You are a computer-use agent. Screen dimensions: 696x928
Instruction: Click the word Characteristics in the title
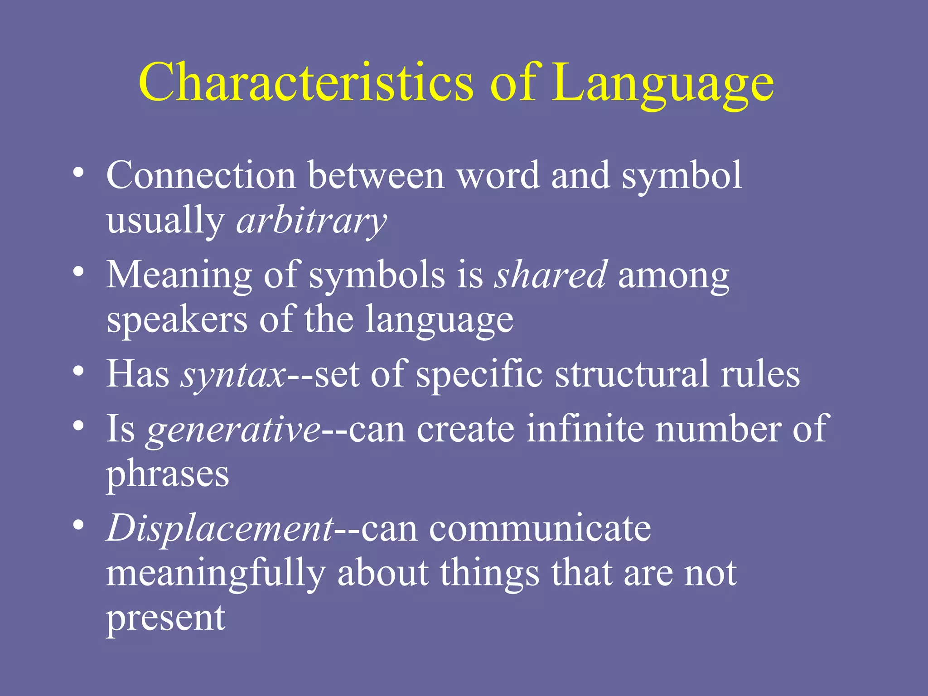tap(306, 82)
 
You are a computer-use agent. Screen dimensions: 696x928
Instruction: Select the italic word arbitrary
tap(312, 222)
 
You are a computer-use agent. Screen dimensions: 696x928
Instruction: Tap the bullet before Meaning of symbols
tap(78, 272)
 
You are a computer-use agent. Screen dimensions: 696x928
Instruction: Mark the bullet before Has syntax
tap(78, 372)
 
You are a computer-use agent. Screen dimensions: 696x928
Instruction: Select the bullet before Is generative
tap(78, 426)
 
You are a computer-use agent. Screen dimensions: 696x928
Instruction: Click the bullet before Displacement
tap(78, 525)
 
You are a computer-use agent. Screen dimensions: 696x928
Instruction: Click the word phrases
tap(168, 475)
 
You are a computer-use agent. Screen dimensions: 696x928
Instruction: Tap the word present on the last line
tap(165, 619)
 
